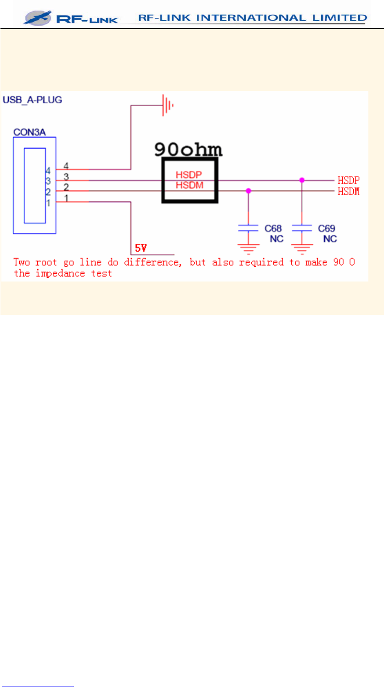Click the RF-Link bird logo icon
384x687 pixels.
[x=38, y=18]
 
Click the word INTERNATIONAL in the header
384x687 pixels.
[x=243, y=18]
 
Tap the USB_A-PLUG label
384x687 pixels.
[x=32, y=100]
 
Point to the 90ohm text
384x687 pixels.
[x=188, y=149]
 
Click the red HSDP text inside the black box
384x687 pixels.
[x=188, y=175]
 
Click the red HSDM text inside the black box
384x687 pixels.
[x=188, y=185]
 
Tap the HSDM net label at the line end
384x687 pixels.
[x=349, y=191]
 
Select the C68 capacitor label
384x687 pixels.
[x=273, y=228]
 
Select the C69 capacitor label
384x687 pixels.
[x=326, y=228]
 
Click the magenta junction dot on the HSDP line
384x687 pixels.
[x=302, y=180]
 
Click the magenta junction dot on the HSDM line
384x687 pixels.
[x=248, y=190]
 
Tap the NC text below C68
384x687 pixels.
[x=277, y=239]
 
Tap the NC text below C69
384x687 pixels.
[x=330, y=239]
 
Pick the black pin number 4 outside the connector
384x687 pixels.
[x=66, y=165]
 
